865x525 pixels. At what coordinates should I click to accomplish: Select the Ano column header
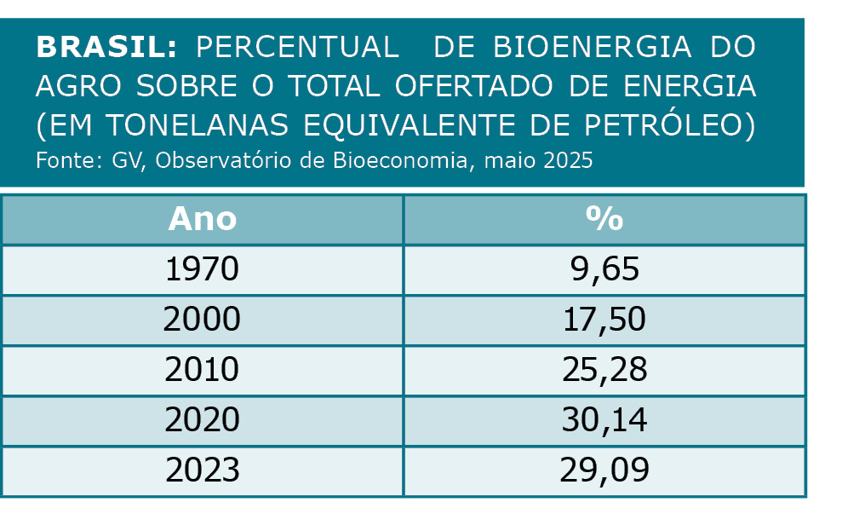[x=202, y=219]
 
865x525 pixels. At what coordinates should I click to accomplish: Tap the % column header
[x=604, y=219]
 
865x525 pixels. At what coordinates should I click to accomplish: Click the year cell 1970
[x=202, y=269]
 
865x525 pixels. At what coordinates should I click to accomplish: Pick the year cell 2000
[x=202, y=320]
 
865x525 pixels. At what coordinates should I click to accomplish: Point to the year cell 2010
[x=202, y=370]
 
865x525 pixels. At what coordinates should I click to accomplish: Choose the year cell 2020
[x=202, y=420]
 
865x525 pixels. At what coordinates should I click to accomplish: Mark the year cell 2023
[x=202, y=470]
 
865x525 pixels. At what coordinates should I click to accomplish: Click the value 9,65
[x=604, y=269]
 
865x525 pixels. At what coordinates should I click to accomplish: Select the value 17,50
[x=604, y=320]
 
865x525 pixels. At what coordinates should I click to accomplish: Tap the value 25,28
[x=604, y=370]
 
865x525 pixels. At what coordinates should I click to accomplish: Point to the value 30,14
[x=604, y=420]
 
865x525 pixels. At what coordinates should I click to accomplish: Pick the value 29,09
[x=604, y=470]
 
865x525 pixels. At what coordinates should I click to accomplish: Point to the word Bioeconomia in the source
[x=398, y=160]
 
